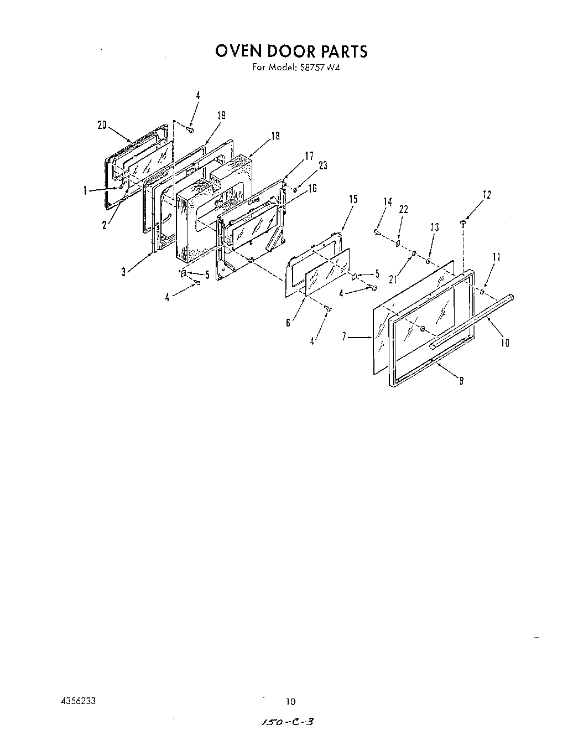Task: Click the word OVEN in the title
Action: (x=238, y=51)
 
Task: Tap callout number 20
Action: (x=102, y=125)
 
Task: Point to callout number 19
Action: (x=221, y=116)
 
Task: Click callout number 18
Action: (x=275, y=136)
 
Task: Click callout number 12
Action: (x=487, y=195)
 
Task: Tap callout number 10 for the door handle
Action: (x=504, y=343)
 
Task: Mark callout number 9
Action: (x=461, y=381)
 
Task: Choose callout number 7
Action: (x=345, y=336)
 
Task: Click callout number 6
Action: (x=288, y=323)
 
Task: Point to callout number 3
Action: (x=123, y=271)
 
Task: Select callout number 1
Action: (x=85, y=191)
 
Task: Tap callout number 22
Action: (x=403, y=209)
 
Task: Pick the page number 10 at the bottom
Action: (x=290, y=702)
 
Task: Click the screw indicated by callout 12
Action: (x=462, y=222)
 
